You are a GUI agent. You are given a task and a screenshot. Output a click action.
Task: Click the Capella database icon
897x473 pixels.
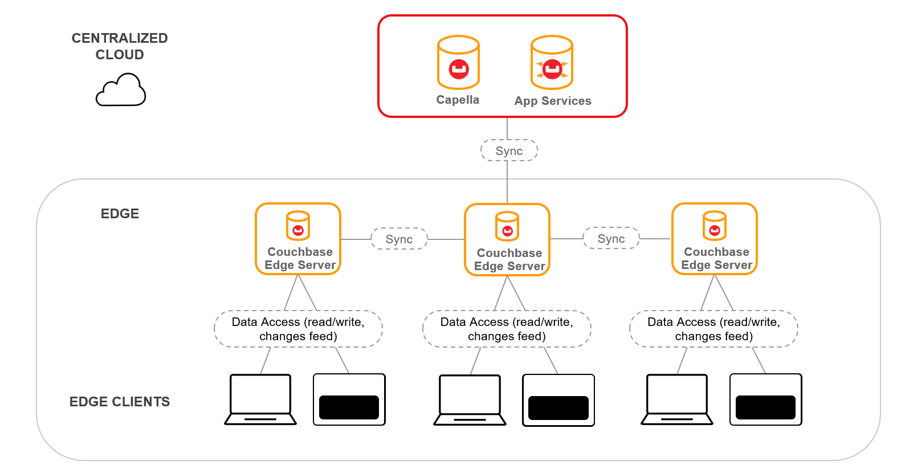pyautogui.click(x=458, y=63)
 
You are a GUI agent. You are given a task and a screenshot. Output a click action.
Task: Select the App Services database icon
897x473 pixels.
pyautogui.click(x=552, y=63)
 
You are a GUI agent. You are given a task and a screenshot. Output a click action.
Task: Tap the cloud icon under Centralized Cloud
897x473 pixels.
pyautogui.click(x=121, y=91)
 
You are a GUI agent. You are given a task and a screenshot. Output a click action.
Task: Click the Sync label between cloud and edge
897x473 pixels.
pyautogui.click(x=509, y=151)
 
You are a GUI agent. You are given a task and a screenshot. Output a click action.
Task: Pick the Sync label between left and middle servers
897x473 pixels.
pyautogui.click(x=399, y=239)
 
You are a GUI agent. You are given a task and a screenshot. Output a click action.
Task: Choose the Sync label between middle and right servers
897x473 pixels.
pyautogui.click(x=611, y=239)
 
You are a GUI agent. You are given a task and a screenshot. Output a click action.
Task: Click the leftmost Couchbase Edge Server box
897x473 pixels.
pyautogui.click(x=298, y=239)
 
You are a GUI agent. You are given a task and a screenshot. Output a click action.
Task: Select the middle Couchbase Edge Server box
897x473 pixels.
pyautogui.click(x=507, y=240)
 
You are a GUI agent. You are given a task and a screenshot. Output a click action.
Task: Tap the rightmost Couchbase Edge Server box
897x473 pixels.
pyautogui.click(x=715, y=239)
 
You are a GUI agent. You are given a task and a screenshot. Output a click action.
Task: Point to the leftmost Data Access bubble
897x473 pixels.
pyautogui.click(x=298, y=329)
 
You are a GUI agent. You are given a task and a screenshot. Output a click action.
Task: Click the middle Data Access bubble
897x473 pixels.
pyautogui.click(x=507, y=329)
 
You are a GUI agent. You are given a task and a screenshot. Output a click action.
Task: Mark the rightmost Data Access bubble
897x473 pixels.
pyautogui.click(x=713, y=329)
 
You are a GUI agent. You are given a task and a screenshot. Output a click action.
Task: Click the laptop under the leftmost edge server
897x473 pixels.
pyautogui.click(x=260, y=399)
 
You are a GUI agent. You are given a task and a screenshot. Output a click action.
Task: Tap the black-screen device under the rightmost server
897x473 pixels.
pyautogui.click(x=765, y=400)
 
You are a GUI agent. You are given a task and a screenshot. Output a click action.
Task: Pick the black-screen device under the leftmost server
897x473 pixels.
pyautogui.click(x=349, y=400)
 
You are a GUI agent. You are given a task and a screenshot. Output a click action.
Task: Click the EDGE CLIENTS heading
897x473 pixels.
pyautogui.click(x=120, y=402)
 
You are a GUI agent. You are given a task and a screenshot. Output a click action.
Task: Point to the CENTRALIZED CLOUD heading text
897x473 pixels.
pyautogui.click(x=120, y=46)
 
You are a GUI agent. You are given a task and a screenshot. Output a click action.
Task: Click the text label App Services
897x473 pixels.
pyautogui.click(x=553, y=101)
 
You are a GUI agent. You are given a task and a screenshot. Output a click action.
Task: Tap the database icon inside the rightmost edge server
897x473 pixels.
pyautogui.click(x=715, y=226)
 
